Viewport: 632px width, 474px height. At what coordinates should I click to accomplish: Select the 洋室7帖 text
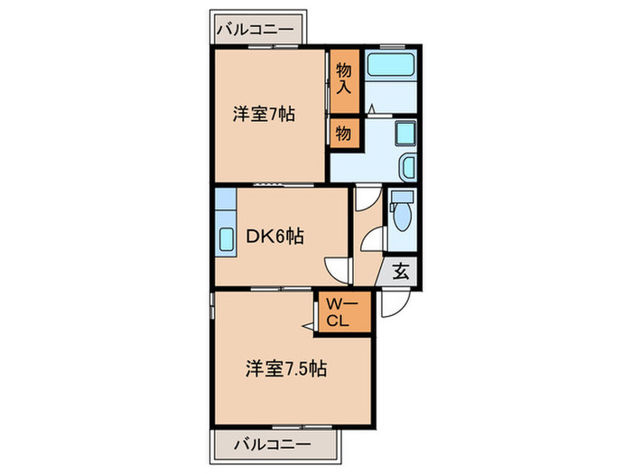(x=265, y=115)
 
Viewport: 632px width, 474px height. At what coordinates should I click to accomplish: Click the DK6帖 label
(x=274, y=237)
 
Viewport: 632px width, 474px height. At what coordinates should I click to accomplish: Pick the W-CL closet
(x=343, y=311)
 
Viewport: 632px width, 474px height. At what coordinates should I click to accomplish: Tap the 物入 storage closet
(x=343, y=79)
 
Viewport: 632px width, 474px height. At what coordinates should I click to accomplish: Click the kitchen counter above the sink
(x=225, y=204)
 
